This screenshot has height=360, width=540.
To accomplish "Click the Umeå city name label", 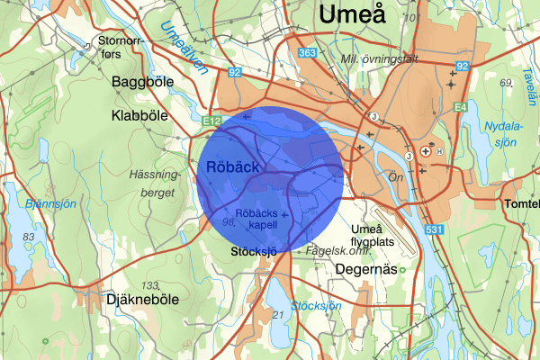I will [351, 15].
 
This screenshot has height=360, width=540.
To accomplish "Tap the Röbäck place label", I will [233, 167].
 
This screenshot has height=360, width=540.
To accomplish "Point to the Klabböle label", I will [141, 116].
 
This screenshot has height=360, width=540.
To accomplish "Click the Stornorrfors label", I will [122, 47].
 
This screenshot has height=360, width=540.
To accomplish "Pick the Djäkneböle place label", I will [142, 299].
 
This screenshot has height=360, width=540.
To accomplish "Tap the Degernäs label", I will [366, 269].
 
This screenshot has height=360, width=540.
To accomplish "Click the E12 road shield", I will [212, 120].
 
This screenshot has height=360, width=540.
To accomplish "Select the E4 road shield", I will [461, 108].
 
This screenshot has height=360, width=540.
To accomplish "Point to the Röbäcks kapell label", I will [256, 219].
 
